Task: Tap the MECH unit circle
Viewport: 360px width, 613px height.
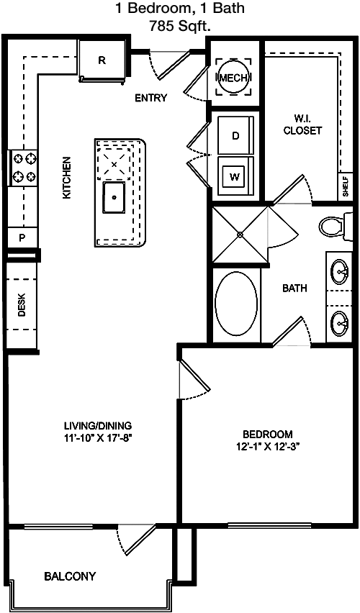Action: tap(233, 78)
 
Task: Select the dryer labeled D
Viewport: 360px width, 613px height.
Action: tap(235, 135)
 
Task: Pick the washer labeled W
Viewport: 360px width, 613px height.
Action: tap(235, 177)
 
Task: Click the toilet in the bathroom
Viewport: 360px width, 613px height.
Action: tap(336, 227)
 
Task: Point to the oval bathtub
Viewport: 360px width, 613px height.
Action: tap(236, 303)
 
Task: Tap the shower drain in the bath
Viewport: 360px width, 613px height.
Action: tap(240, 234)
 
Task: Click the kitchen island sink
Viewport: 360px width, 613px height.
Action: tap(114, 197)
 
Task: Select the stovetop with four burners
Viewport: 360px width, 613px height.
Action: tap(23, 168)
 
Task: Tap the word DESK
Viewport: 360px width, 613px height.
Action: tap(22, 304)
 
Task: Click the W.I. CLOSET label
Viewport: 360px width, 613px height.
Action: tap(302, 124)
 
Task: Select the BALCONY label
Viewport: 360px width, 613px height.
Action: tap(70, 576)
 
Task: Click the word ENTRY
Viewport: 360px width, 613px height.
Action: tap(151, 98)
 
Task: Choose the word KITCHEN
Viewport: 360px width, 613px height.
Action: tap(67, 178)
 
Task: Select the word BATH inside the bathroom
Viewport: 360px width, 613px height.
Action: tap(294, 289)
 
